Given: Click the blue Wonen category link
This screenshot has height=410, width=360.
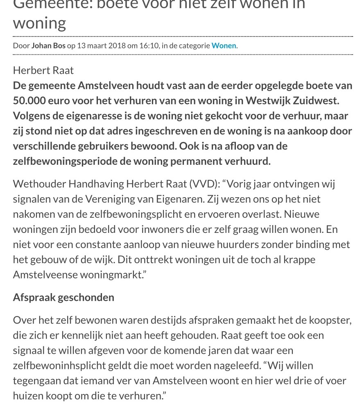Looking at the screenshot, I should (224, 46).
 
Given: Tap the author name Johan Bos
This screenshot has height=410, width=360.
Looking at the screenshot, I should (48, 46).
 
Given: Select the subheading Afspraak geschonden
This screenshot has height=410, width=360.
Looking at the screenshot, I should (63, 297).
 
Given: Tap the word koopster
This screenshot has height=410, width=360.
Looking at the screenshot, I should (330, 320).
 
